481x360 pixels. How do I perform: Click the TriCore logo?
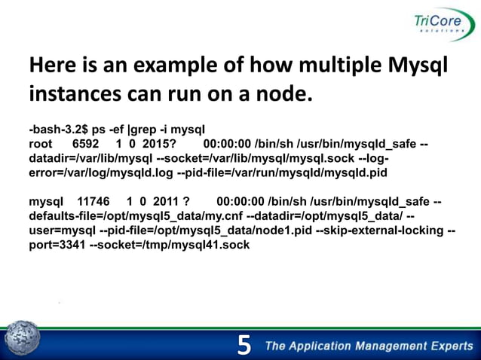pyautogui.click(x=434, y=29)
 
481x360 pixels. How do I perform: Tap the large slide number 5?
pyautogui.click(x=244, y=346)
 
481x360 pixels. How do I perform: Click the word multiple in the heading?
pyautogui.click(x=331, y=68)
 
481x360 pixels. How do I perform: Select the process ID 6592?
pyautogui.click(x=85, y=143)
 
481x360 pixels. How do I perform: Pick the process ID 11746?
pyautogui.click(x=94, y=202)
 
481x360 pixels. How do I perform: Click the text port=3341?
pyautogui.click(x=57, y=245)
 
